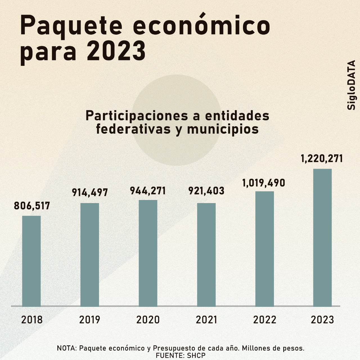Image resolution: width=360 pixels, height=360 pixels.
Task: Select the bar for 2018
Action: [x=31, y=261]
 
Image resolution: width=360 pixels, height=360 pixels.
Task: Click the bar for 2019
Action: [x=90, y=255]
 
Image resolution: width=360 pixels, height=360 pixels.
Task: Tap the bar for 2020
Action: [x=148, y=253]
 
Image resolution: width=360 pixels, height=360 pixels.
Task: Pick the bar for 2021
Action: [x=206, y=255]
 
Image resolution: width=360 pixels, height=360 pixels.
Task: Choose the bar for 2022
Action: [x=265, y=249]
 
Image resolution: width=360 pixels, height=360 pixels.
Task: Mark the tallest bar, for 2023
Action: [x=323, y=237]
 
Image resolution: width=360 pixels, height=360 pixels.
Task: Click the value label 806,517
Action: [x=32, y=206]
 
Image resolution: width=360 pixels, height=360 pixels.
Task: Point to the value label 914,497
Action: [x=90, y=193]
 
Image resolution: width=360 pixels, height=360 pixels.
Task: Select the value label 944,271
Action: [x=148, y=191]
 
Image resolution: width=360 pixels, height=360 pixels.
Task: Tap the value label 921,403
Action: [x=206, y=191]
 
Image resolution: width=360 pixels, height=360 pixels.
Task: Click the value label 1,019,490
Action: [x=264, y=183]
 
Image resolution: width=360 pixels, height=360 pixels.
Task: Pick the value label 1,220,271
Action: [x=322, y=159]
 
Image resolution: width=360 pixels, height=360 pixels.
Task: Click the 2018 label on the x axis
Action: [x=32, y=320]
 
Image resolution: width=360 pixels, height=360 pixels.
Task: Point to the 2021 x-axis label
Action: [x=206, y=320]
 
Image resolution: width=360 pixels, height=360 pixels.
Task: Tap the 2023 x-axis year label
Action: [x=323, y=320]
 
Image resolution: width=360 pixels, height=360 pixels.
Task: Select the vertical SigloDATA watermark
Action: [x=351, y=85]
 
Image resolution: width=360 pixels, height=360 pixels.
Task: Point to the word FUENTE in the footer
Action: [x=167, y=355]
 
